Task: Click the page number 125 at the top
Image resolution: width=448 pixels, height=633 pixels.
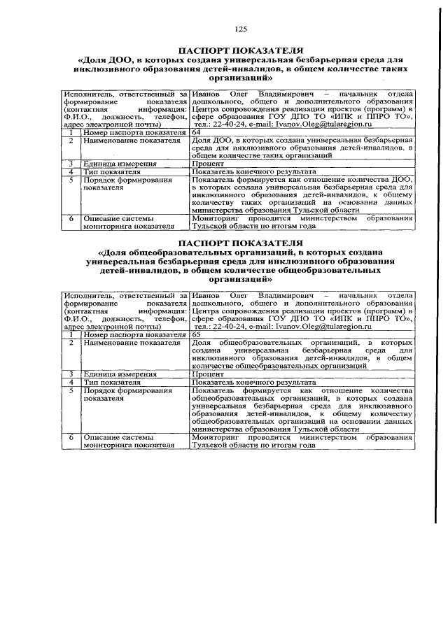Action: tap(241, 29)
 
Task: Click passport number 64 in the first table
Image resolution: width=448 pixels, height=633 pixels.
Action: tap(197, 132)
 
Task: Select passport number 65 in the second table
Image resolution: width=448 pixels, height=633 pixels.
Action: tap(197, 335)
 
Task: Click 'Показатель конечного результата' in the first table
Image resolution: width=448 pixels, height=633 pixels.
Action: tap(253, 171)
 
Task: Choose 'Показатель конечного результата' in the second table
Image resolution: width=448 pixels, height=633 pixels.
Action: tap(253, 383)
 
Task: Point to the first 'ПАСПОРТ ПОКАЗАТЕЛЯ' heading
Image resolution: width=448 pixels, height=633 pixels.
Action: tap(241, 51)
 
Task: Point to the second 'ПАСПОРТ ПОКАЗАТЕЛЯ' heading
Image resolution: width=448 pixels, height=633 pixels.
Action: tap(241, 243)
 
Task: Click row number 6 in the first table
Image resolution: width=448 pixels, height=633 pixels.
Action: tap(71, 218)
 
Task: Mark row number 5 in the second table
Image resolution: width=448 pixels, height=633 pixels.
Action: tap(71, 390)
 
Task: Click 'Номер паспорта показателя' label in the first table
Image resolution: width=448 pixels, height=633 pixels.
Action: tap(134, 132)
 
